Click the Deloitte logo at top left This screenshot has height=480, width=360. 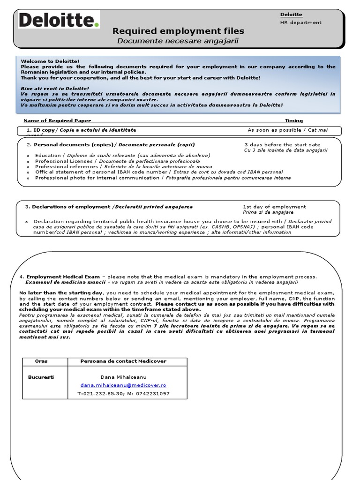[x=59, y=21]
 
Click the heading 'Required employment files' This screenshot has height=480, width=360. [x=178, y=31]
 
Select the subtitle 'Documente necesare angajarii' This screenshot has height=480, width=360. [x=178, y=41]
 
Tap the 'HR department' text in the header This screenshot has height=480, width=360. [x=300, y=22]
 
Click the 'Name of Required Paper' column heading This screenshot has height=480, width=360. [x=57, y=120]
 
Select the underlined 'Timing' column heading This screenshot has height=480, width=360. [x=294, y=120]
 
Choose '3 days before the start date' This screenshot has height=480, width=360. [x=282, y=144]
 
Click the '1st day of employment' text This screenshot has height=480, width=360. [x=274, y=206]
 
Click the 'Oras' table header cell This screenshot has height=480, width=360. [x=41, y=361]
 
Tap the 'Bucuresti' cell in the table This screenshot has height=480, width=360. [x=41, y=376]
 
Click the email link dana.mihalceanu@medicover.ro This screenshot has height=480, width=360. [x=123, y=385]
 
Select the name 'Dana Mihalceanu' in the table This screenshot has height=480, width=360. [x=123, y=376]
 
